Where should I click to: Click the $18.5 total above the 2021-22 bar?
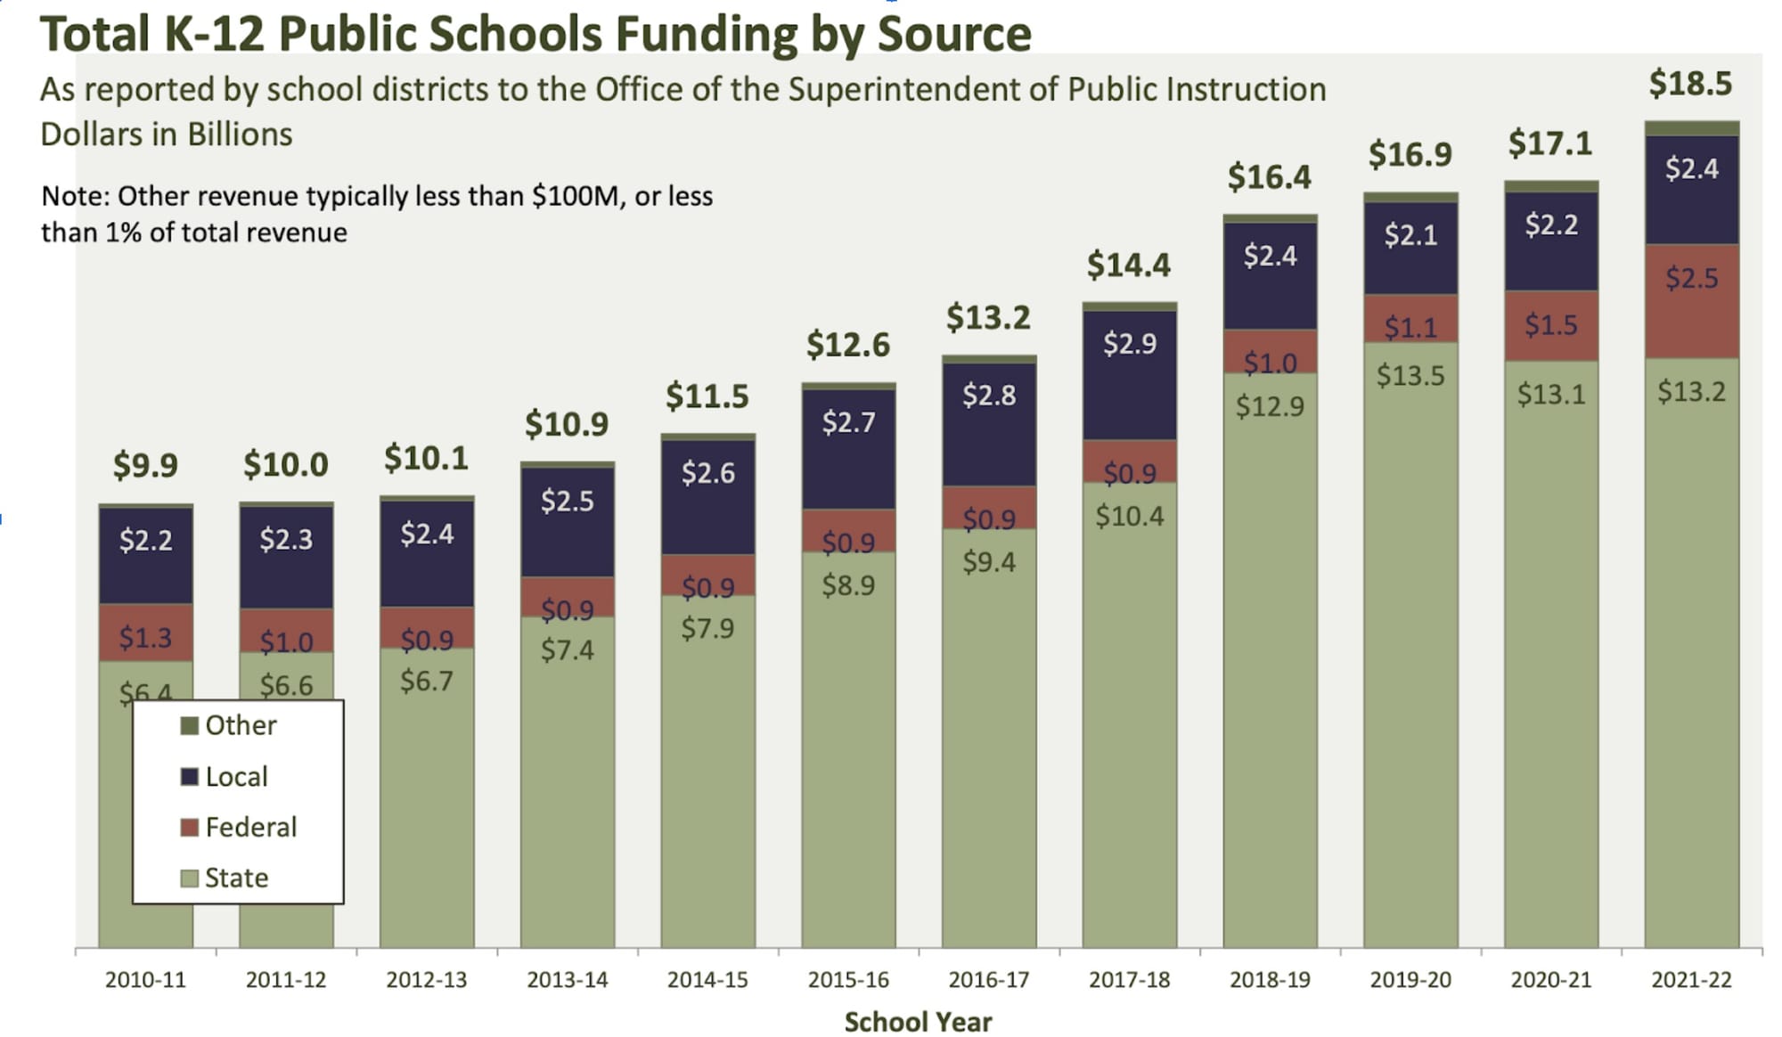[1689, 84]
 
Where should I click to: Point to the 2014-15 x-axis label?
[707, 980]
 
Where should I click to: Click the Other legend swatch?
[189, 725]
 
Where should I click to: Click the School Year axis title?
[918, 1021]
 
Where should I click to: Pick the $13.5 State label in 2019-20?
[1410, 375]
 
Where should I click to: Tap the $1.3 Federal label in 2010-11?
[145, 637]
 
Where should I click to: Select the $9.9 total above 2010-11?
[145, 464]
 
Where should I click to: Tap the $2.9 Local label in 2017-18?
[1129, 343]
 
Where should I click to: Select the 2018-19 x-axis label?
[1270, 980]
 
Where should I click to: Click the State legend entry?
[236, 878]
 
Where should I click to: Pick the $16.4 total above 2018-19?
[1269, 177]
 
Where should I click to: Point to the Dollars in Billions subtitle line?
[167, 135]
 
